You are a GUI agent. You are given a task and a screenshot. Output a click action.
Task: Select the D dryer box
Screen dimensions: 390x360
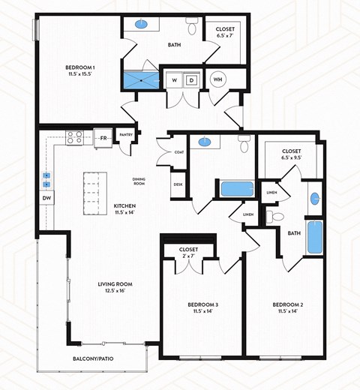(x=191, y=79)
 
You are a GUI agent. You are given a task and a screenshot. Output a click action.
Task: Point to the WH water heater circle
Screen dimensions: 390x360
(x=218, y=79)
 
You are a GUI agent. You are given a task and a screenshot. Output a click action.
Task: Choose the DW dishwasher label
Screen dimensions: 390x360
(x=46, y=199)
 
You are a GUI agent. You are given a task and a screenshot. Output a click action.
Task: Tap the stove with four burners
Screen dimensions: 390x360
(x=75, y=137)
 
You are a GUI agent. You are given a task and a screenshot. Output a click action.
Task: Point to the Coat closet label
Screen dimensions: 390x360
(x=178, y=152)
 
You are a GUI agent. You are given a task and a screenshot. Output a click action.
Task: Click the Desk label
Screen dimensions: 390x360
(x=178, y=184)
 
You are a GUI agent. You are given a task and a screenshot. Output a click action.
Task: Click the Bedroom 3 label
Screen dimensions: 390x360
(x=202, y=307)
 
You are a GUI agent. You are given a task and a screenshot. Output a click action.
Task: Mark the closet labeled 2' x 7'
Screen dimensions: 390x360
(x=188, y=253)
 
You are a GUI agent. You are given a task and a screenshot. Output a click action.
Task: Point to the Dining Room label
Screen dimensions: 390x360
(x=139, y=181)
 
